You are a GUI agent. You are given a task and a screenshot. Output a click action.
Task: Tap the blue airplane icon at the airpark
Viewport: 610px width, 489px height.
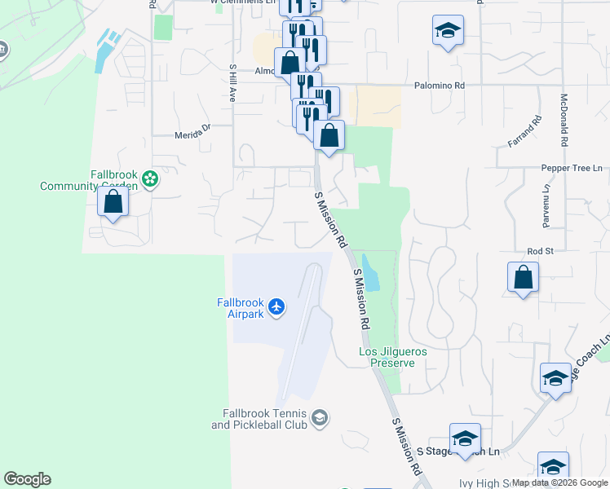276,306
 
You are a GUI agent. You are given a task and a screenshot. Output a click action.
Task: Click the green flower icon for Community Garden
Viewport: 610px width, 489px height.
149,178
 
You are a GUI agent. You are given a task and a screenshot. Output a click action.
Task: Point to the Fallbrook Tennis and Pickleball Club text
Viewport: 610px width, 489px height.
259,419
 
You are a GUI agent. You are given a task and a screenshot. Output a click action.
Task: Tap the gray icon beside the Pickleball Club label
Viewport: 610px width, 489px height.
320,418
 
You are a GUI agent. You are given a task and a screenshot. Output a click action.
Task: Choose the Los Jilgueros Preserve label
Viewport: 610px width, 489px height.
393,357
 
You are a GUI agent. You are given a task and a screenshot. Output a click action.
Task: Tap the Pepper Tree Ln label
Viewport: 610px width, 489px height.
571,168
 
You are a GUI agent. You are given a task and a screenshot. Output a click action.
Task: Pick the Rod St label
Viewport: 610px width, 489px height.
540,251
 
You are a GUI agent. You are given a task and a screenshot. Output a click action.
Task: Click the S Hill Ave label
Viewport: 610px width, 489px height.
232,82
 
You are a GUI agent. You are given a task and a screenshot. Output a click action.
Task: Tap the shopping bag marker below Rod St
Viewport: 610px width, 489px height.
523,277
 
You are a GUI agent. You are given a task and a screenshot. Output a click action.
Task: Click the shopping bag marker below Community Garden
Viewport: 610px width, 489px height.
113,201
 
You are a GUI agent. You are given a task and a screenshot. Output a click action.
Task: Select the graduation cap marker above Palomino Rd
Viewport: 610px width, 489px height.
447,31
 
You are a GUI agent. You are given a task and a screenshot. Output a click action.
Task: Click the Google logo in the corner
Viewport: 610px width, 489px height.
27,479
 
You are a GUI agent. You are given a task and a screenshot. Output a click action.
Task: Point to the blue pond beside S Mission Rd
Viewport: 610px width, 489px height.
370,273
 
